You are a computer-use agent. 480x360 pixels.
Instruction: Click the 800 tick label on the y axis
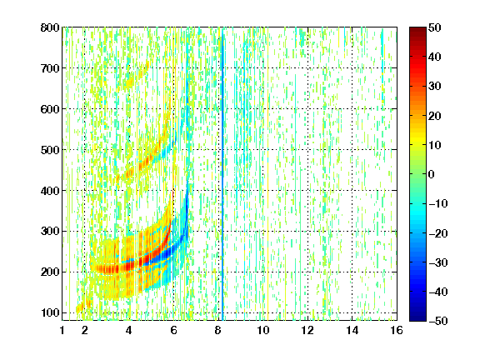(x=50, y=27)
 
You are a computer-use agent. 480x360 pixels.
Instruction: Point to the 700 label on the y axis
(x=50, y=68)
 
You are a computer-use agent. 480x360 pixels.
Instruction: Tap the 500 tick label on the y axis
(x=50, y=150)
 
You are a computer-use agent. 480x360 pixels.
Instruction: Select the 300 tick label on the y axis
(x=50, y=232)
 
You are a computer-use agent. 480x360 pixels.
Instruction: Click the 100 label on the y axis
(x=50, y=312)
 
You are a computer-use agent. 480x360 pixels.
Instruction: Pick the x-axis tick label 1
(x=62, y=330)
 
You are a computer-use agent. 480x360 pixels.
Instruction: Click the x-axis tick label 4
(x=129, y=330)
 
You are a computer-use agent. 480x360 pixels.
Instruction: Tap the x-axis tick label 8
(x=218, y=330)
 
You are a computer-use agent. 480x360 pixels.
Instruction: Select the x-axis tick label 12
(x=307, y=330)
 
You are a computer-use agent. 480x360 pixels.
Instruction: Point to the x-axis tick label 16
(x=397, y=330)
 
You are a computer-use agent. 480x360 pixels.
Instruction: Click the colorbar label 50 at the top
(x=435, y=27)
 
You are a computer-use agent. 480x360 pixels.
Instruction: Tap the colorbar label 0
(x=432, y=174)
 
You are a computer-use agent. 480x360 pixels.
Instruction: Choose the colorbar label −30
(x=438, y=262)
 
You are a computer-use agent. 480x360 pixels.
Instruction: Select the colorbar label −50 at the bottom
(x=438, y=321)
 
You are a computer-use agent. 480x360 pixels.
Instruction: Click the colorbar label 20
(x=435, y=116)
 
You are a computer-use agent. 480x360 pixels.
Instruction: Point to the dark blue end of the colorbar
(x=417, y=318)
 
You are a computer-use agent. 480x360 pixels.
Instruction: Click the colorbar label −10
(x=438, y=203)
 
